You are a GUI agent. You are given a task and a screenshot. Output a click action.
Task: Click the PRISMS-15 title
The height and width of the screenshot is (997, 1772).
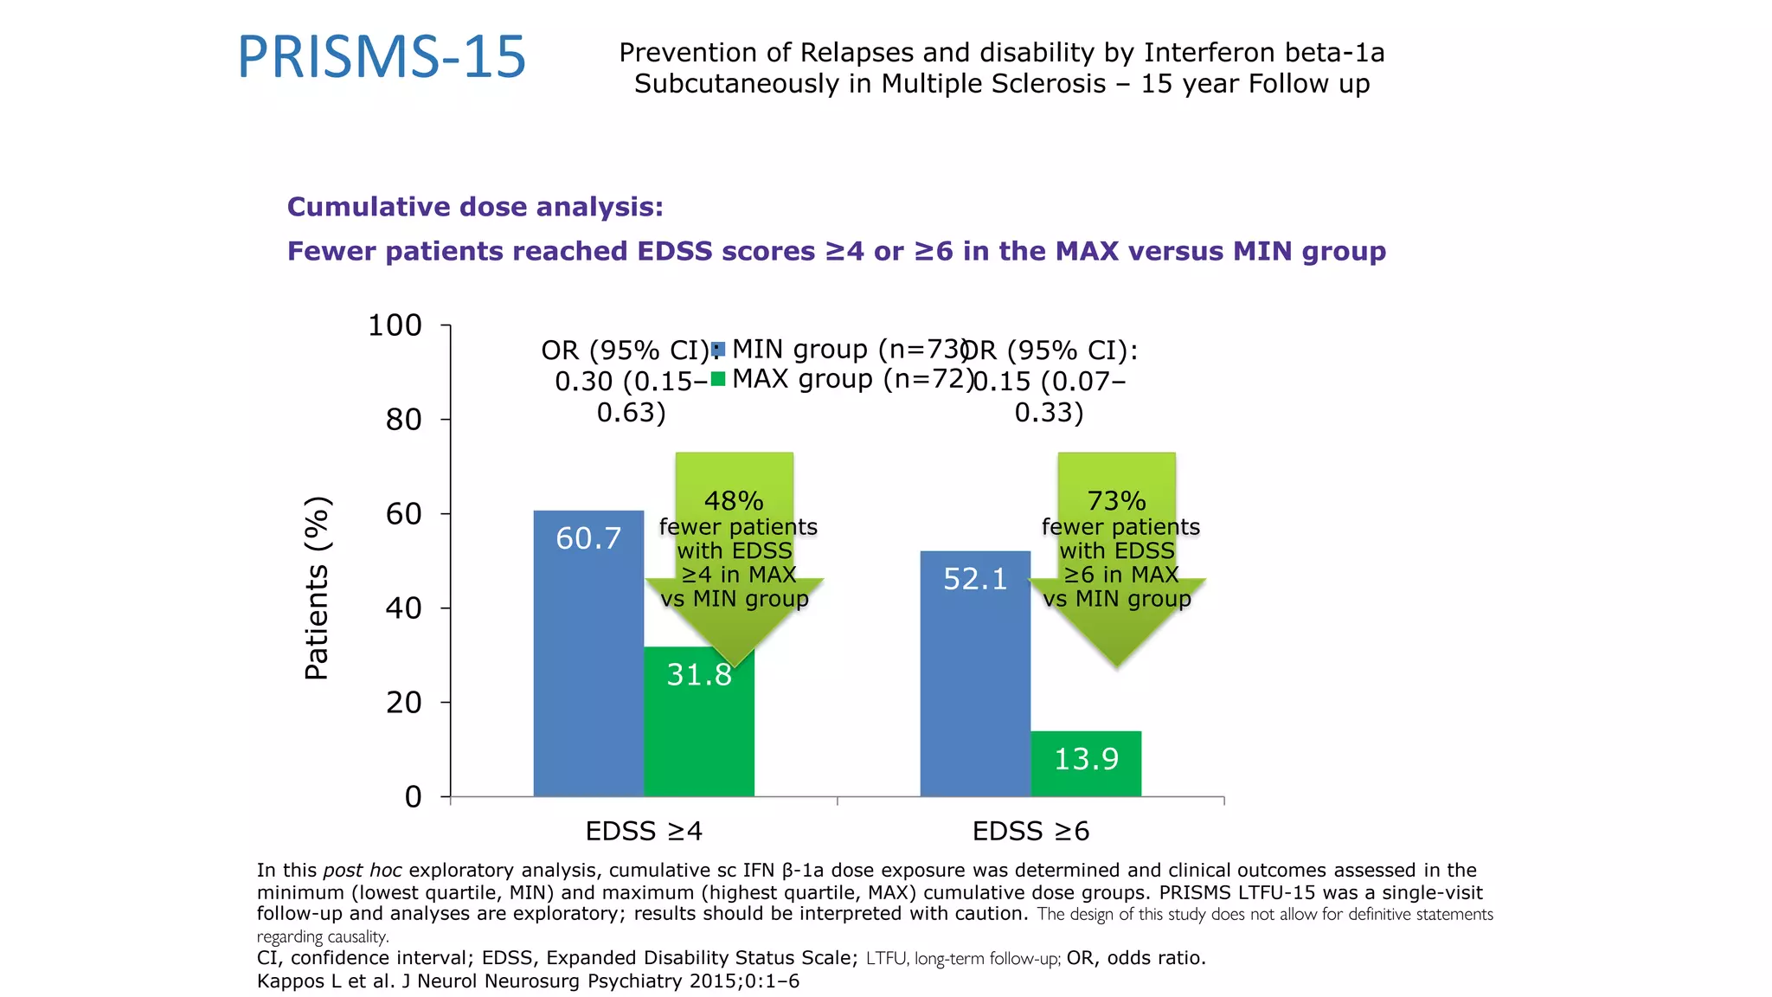click(x=382, y=58)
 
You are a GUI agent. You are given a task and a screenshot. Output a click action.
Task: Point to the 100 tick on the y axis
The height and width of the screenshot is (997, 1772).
click(x=395, y=325)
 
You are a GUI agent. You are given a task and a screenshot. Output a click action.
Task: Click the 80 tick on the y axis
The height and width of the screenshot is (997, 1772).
click(x=403, y=420)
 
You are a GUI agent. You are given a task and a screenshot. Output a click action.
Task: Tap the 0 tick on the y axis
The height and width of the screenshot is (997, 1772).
click(x=414, y=796)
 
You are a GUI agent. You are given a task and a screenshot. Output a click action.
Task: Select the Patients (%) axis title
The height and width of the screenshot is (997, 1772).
click(x=318, y=589)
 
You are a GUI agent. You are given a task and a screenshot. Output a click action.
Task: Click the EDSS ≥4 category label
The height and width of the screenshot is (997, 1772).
click(x=644, y=832)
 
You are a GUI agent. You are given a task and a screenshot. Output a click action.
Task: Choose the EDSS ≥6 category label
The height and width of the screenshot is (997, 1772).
click(x=1030, y=832)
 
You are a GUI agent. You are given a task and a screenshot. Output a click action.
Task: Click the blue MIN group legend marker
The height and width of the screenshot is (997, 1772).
click(x=717, y=350)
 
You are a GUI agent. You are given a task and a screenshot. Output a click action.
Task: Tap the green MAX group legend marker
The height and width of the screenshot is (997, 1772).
click(x=717, y=379)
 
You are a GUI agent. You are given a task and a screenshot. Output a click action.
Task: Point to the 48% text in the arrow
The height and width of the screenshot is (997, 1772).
click(x=734, y=501)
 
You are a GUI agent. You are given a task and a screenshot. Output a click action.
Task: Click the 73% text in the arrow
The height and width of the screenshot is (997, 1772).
click(x=1116, y=501)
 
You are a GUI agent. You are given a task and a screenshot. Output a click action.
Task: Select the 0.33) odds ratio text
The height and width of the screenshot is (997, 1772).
click(x=1049, y=413)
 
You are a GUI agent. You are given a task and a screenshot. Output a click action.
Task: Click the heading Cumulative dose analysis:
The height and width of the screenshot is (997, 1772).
click(x=475, y=207)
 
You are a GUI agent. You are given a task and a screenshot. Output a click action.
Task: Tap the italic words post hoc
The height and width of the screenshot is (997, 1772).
click(x=362, y=871)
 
